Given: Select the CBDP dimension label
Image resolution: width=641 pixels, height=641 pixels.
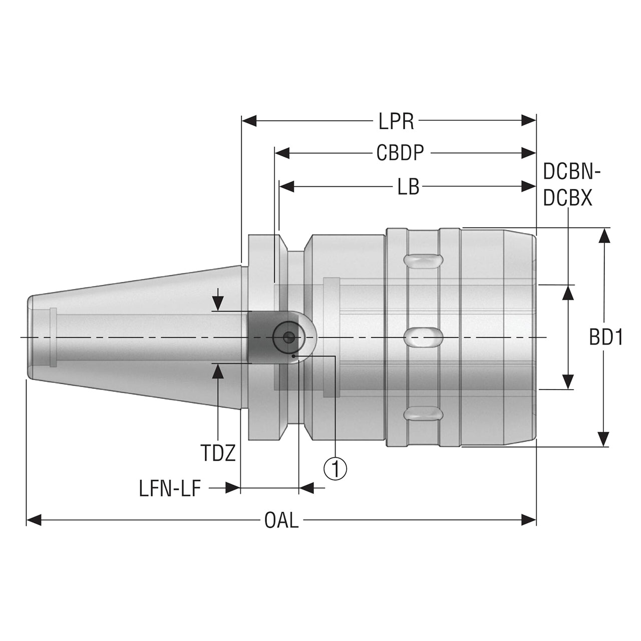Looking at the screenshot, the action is [x=400, y=153].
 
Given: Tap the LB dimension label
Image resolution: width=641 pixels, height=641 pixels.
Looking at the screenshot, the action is [x=408, y=187].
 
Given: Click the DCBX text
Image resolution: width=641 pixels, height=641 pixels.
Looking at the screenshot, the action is [x=567, y=198].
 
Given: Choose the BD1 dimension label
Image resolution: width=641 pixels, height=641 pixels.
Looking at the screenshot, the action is [x=605, y=338].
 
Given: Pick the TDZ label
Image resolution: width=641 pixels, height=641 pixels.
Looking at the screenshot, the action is [x=218, y=453].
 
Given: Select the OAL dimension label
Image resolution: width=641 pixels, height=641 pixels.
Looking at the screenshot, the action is [x=281, y=521].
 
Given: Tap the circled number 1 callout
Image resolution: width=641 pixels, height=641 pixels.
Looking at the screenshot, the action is [x=336, y=469].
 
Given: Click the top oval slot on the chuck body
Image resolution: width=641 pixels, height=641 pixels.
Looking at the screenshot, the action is [x=423, y=261].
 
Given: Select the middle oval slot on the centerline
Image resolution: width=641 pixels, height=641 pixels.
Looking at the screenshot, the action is [x=423, y=337].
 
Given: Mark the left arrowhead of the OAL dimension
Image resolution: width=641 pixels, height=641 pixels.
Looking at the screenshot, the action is [x=34, y=520].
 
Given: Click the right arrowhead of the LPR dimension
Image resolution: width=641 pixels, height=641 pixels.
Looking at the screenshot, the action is [x=528, y=120].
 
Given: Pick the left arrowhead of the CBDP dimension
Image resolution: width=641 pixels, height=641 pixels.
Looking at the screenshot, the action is [x=282, y=153].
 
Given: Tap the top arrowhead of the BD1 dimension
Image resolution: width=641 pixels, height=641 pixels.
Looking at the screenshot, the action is [x=604, y=235].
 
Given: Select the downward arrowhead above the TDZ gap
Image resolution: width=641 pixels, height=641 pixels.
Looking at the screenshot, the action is [x=218, y=303].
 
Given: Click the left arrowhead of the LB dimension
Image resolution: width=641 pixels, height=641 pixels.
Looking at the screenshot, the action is [x=287, y=187].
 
